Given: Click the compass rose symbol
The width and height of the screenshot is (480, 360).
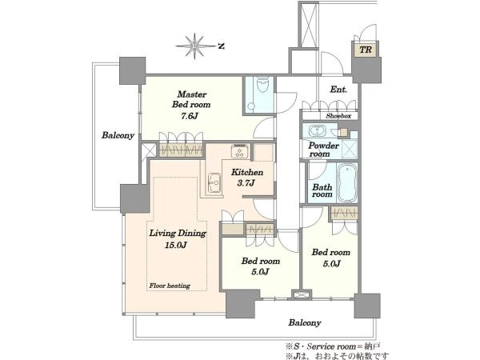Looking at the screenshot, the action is coord(195,46).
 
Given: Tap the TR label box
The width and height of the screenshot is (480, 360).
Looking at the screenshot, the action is coord(366,50).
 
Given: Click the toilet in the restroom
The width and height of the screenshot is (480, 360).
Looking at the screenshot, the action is coord(262,85).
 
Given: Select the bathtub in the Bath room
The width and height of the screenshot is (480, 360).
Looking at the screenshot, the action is coord(347,182).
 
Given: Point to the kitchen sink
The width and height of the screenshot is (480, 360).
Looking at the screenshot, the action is coord(214,182).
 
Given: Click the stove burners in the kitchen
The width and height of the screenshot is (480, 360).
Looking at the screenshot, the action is coord(240,151).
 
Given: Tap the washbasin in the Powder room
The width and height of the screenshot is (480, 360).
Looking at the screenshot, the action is coord(317,131).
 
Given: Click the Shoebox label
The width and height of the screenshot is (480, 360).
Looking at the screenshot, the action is coord(338,116).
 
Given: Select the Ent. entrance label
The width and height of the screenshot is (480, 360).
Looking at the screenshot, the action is coord(338,90).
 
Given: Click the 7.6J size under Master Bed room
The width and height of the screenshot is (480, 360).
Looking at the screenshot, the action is coord(190,116).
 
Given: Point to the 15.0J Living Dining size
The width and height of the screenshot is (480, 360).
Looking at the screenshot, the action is coord(176,245).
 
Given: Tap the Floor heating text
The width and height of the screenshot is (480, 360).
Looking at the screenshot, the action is coord(170,286).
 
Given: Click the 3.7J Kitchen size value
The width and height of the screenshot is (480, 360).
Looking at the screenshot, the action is coord(246,183).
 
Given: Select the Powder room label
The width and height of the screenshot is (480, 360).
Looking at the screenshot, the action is coord(323,150).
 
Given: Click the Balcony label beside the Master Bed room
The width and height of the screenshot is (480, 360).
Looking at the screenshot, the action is coord(118,135).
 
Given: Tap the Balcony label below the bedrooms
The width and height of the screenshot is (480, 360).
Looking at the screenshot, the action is coord(305,322).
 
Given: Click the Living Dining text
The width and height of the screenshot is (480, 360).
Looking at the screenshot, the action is coord(178,234).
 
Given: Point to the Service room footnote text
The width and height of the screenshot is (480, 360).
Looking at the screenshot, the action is coord(334,346).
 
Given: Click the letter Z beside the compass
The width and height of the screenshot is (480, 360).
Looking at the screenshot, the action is coord(222,46).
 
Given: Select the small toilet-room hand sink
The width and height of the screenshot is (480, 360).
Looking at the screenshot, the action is coord(251,106).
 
